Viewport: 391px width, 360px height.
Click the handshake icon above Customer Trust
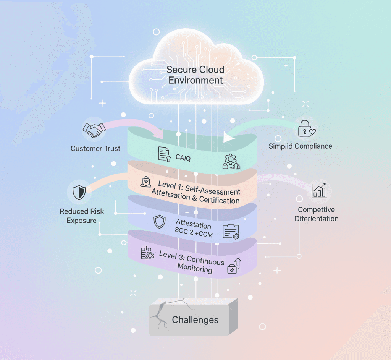(x=94, y=130)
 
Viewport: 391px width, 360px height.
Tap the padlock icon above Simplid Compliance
(x=307, y=128)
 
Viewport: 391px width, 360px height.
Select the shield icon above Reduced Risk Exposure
(x=79, y=192)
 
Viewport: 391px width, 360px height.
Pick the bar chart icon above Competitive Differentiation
(x=319, y=190)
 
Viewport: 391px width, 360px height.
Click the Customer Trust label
(x=95, y=148)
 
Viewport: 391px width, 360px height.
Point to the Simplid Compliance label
(x=300, y=146)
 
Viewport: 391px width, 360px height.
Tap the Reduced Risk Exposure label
(x=82, y=216)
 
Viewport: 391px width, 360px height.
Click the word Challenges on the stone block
(x=195, y=319)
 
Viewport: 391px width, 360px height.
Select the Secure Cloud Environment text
(x=195, y=75)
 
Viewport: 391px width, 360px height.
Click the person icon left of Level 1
(x=146, y=182)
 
